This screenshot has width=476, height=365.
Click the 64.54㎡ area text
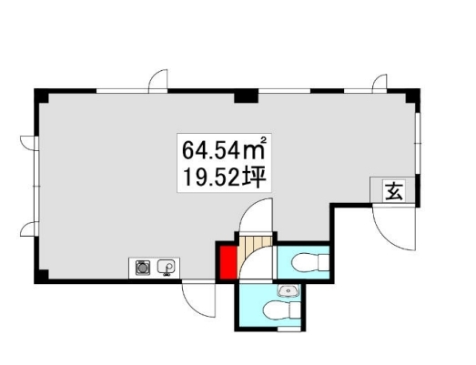click(x=224, y=148)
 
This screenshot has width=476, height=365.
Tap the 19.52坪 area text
click(x=224, y=177)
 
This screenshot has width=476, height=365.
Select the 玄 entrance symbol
click(x=394, y=191)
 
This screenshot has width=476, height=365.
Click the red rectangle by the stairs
click(x=228, y=262)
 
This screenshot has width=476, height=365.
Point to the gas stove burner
click(x=141, y=268)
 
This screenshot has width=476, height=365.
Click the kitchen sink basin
click(x=166, y=268)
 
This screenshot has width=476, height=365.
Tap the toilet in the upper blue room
click(x=309, y=261)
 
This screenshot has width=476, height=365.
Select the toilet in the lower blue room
click(x=282, y=310)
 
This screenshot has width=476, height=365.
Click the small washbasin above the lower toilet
click(x=288, y=291)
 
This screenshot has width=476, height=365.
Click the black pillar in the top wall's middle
click(x=246, y=96)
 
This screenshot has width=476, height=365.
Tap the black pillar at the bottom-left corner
click(x=42, y=276)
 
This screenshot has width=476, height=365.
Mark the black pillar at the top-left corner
click(x=42, y=96)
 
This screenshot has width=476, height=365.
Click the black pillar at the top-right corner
click(x=413, y=96)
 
